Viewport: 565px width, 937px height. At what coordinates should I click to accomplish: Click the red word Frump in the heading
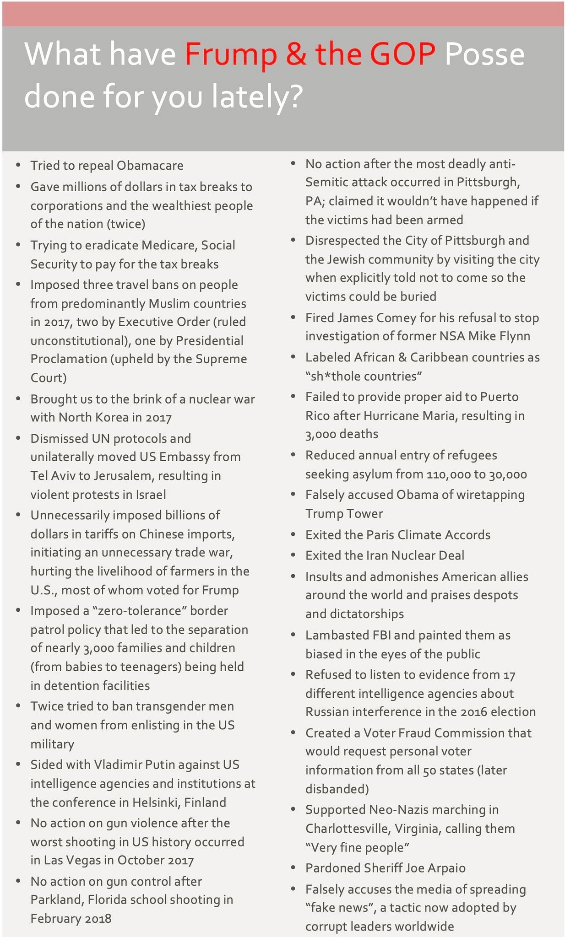[x=230, y=54]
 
